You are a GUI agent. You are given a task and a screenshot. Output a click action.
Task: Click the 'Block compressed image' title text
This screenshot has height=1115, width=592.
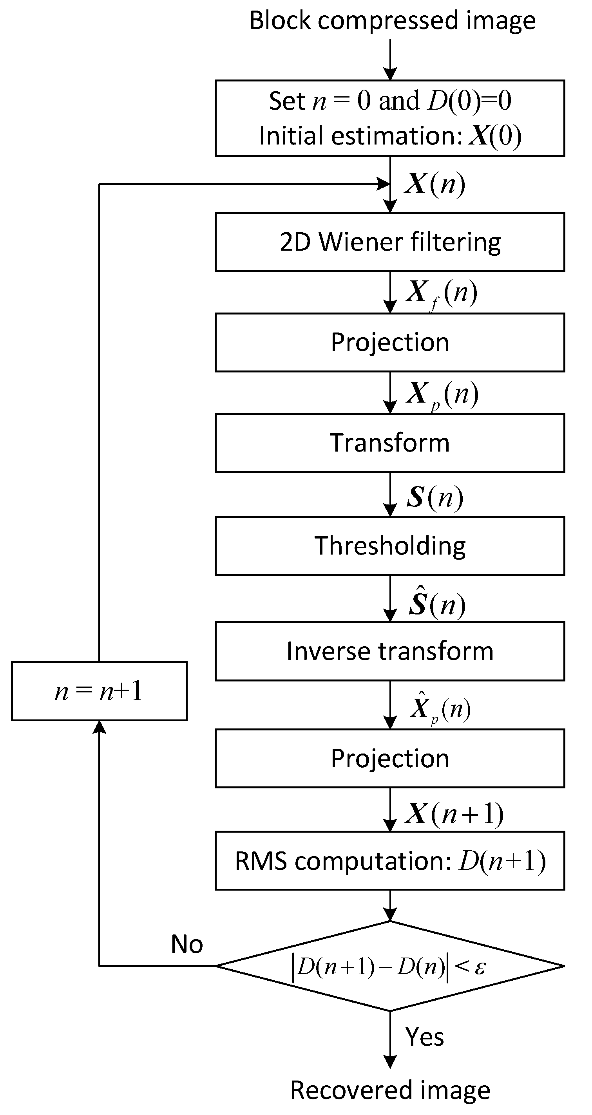[392, 21]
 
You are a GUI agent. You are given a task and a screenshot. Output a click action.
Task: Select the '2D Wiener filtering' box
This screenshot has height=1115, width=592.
[390, 242]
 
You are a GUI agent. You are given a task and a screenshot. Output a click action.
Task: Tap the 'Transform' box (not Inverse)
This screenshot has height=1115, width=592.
[390, 443]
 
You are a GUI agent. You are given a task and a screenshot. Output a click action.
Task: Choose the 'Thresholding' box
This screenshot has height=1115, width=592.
[390, 546]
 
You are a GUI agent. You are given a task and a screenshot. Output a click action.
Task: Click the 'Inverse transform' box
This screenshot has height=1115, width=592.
[390, 651]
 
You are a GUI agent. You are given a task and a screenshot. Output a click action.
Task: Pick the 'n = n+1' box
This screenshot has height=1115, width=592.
[99, 691]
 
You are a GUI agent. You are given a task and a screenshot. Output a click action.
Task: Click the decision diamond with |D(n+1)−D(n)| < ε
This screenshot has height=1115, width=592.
[390, 966]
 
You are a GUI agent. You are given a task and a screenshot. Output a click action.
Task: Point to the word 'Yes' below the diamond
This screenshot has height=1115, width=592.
[424, 1037]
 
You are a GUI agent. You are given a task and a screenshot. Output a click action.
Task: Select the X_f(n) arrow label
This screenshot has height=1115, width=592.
[441, 293]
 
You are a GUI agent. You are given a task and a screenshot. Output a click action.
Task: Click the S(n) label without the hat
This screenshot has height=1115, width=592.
[435, 497]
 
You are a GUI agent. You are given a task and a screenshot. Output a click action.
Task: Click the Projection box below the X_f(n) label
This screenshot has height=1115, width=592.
[390, 342]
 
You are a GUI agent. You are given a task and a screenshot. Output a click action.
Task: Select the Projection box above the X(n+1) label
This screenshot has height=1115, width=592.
[390, 758]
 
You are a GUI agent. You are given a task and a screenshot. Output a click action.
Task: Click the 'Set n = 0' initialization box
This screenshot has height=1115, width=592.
[390, 118]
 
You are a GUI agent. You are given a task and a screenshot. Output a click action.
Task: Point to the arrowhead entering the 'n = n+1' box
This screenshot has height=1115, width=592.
[100, 727]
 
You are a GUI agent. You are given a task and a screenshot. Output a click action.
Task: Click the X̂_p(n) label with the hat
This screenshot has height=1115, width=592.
[440, 708]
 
